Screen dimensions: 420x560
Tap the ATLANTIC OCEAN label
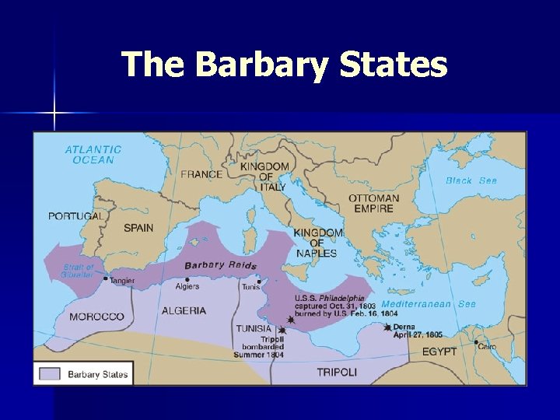tap(93, 155)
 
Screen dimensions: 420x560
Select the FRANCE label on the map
tap(201, 174)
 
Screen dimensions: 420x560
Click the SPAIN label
tap(138, 228)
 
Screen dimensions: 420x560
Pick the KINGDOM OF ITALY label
tap(264, 177)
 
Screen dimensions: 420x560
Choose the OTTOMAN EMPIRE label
tap(373, 203)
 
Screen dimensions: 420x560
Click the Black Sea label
tap(471, 180)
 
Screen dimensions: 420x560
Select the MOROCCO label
tap(96, 317)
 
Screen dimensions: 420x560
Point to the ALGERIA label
tap(184, 310)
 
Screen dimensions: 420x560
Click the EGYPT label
tap(439, 352)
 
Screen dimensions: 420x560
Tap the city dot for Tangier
tap(106, 278)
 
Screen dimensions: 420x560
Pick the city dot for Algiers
tap(187, 279)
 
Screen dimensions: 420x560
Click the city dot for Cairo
tap(476, 341)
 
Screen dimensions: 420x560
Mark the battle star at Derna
tap(387, 327)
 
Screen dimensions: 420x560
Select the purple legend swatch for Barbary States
tap(49, 374)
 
